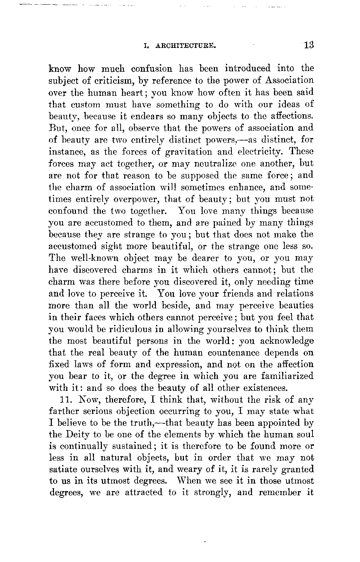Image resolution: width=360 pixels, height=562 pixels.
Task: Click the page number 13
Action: click(309, 45)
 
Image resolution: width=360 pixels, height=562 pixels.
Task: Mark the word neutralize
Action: click(220, 164)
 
